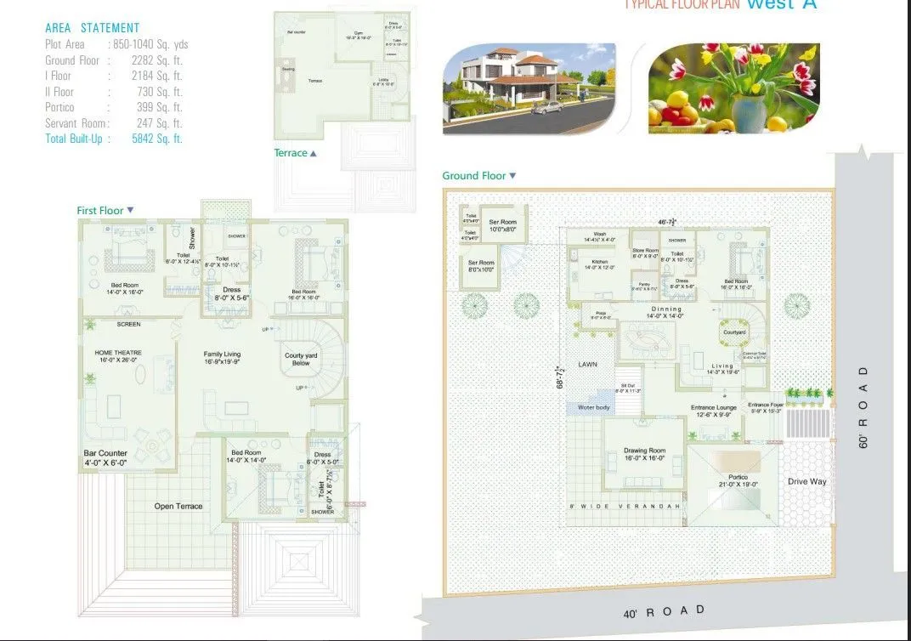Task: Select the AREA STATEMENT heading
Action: pos(93,28)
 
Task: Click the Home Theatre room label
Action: pos(118,356)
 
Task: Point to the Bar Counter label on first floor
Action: pos(105,457)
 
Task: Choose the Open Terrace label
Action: pos(178,507)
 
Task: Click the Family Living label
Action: pos(222,357)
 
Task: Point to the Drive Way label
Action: pos(806,482)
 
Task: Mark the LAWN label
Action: pos(588,365)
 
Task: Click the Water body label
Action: pos(594,408)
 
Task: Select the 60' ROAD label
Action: pos(863,407)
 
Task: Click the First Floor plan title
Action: pos(100,210)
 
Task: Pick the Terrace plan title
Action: pos(291,153)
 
